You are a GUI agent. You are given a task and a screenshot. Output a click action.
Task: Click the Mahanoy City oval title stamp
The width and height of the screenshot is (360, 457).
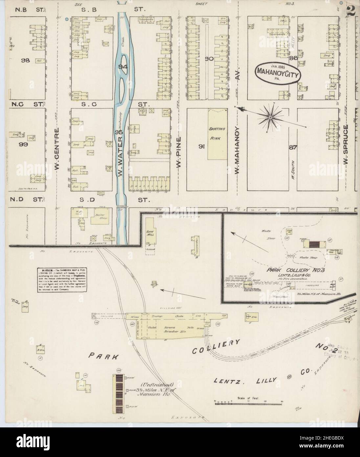[x=278, y=72]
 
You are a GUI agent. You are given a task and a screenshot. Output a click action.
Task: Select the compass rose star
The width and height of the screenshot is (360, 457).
[x=270, y=117]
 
